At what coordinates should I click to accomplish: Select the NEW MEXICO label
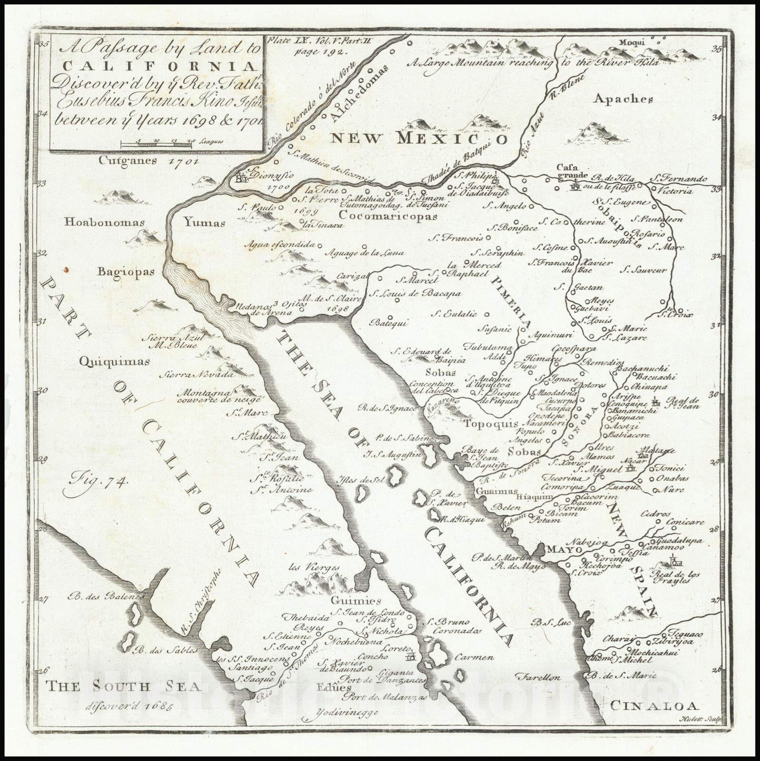[419, 138]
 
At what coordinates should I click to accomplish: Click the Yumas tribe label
[205, 222]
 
